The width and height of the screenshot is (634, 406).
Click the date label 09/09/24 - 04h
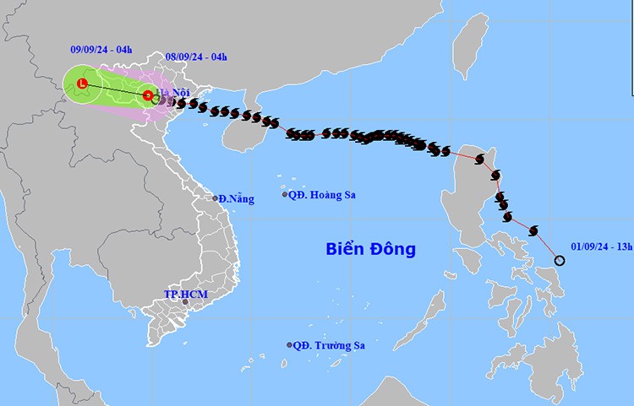tap(101, 51)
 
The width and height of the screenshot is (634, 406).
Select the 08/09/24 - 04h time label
tap(196, 57)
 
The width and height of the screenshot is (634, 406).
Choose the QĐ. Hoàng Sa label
tap(322, 194)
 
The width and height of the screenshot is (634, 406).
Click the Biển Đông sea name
tap(371, 249)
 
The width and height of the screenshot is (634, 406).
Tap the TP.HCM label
tap(185, 294)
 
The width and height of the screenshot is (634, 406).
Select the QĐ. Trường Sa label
tap(331, 345)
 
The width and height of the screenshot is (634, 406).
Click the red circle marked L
tap(82, 84)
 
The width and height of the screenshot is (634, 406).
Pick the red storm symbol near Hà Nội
tap(148, 95)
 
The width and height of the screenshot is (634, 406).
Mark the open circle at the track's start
tap(560, 260)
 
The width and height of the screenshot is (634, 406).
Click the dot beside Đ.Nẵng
tap(215, 198)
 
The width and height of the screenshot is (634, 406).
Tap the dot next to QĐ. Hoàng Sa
tap(285, 194)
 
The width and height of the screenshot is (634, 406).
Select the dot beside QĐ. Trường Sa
tap(289, 344)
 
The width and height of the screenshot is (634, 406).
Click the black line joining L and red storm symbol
tap(115, 89)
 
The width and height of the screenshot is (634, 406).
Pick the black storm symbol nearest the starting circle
tap(533, 230)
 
